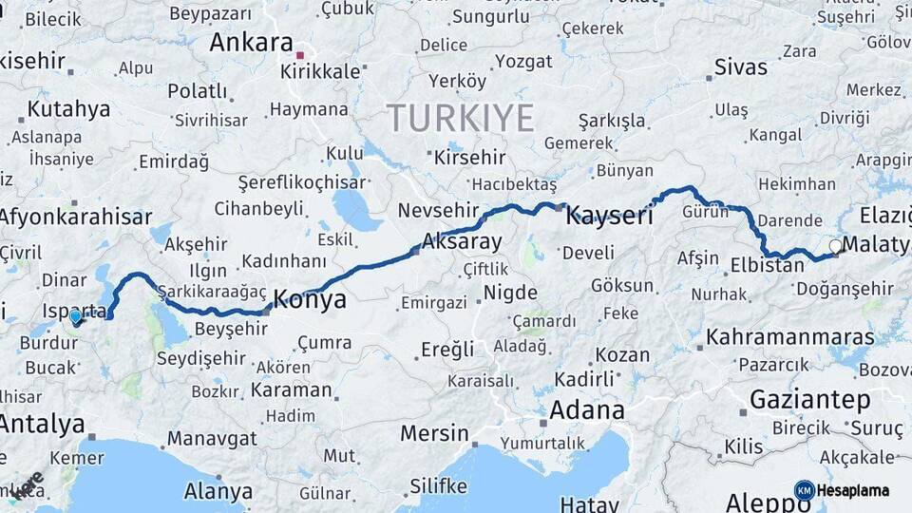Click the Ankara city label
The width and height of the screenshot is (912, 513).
pyautogui.click(x=251, y=42)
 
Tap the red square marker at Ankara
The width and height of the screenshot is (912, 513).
pyautogui.click(x=300, y=55)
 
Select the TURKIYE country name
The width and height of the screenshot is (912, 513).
pyautogui.click(x=460, y=118)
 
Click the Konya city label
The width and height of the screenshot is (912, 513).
pyautogui.click(x=310, y=300)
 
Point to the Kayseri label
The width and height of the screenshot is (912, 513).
pyautogui.click(x=609, y=217)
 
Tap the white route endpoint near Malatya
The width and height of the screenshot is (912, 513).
pyautogui.click(x=835, y=246)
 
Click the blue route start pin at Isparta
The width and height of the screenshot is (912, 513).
pyautogui.click(x=76, y=316)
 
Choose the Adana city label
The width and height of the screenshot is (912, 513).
pyautogui.click(x=586, y=411)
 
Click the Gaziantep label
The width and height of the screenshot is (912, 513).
pyautogui.click(x=809, y=400)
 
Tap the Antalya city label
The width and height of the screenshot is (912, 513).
pyautogui.click(x=42, y=424)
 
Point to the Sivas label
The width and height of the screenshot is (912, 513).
pyautogui.click(x=740, y=66)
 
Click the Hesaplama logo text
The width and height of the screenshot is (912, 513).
pyautogui.click(x=855, y=490)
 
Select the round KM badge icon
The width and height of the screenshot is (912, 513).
pyautogui.click(x=804, y=490)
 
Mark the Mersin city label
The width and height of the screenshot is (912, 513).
pyautogui.click(x=434, y=434)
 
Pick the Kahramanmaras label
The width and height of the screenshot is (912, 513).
pyautogui.click(x=789, y=337)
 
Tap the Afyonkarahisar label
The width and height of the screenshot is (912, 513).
pyautogui.click(x=74, y=217)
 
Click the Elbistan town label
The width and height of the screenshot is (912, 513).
pyautogui.click(x=768, y=265)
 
